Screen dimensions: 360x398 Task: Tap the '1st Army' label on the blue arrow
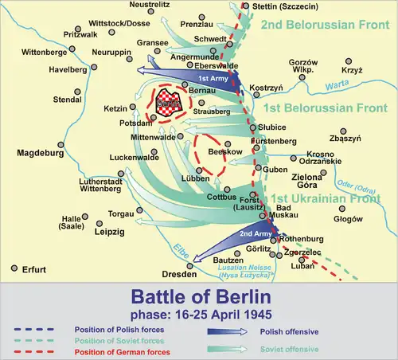(210, 80)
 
